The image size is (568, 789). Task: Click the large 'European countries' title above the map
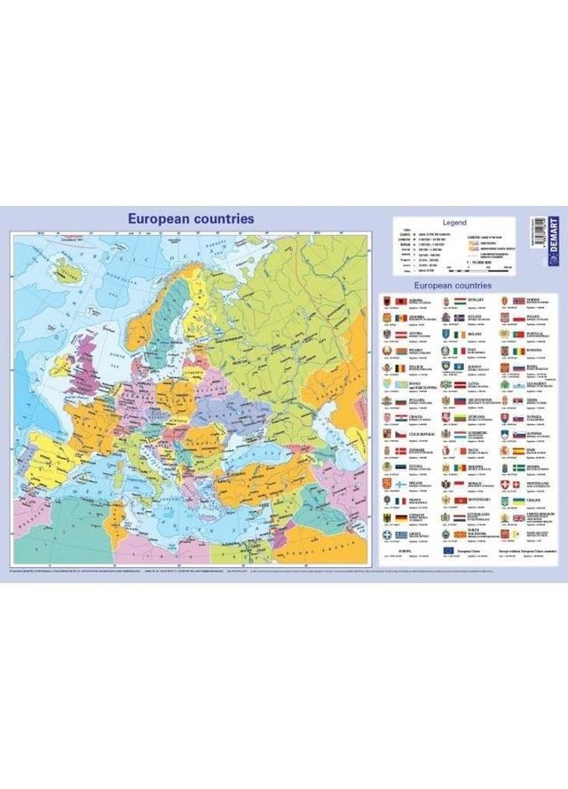(191, 219)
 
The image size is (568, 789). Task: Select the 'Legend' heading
(454, 223)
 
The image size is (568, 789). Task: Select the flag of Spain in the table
(519, 453)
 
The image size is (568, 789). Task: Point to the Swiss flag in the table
(519, 486)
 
